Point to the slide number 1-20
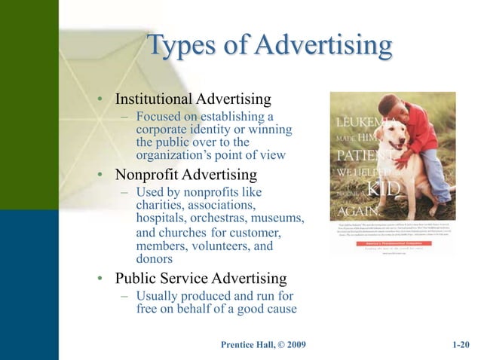pos(460,345)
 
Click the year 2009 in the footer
pos(293,345)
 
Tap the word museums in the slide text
pos(275,218)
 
